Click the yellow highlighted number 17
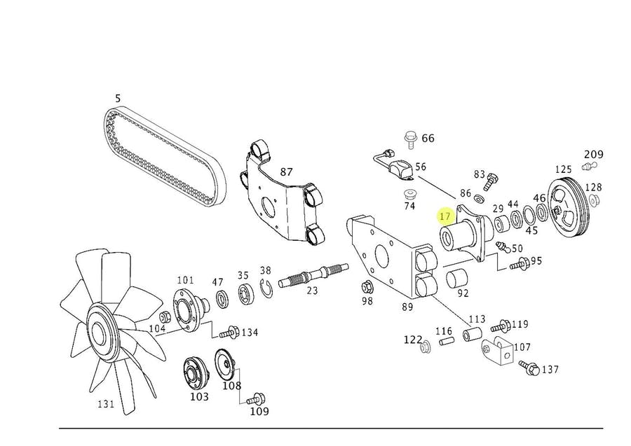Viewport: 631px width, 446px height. (x=445, y=216)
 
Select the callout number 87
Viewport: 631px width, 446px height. (x=286, y=172)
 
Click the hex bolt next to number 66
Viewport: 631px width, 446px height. (x=410, y=139)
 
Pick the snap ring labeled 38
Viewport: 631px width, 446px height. (x=266, y=288)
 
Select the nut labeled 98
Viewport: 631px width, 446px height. (x=367, y=287)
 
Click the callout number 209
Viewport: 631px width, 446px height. (x=594, y=154)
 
